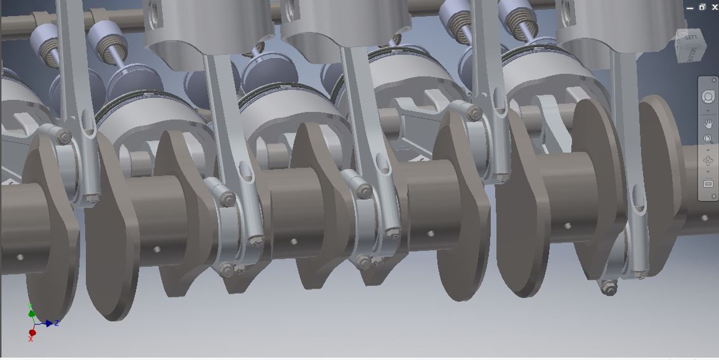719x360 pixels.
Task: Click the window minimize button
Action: point(690,8)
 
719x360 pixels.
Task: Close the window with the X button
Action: point(715,7)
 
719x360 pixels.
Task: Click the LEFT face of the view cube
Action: point(691,38)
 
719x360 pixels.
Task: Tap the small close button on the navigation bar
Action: point(713,80)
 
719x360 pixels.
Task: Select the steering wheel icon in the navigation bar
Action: point(708,97)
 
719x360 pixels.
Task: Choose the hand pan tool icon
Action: point(708,123)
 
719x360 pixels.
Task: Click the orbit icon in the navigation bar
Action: point(708,161)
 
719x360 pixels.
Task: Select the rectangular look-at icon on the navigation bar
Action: point(708,183)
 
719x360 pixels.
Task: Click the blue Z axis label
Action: point(57,323)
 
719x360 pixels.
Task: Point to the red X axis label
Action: point(31,339)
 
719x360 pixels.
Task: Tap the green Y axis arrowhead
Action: point(32,313)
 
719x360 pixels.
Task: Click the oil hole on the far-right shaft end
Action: point(704,218)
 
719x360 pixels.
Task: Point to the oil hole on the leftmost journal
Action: point(20,257)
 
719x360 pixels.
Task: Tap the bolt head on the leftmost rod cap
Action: point(64,136)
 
